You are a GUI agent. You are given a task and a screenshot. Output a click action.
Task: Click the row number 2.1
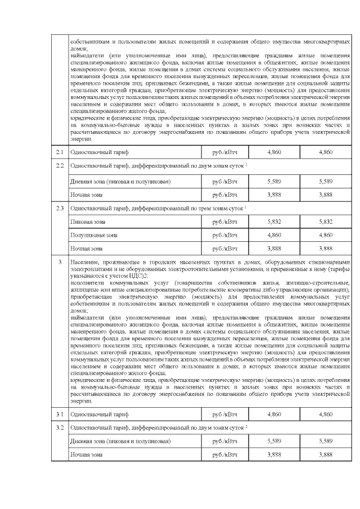(x=60, y=152)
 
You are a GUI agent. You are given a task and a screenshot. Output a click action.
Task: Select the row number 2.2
(x=60, y=167)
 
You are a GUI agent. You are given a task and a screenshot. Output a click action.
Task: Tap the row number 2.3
(x=60, y=208)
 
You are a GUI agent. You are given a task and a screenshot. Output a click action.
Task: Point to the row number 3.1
(x=60, y=414)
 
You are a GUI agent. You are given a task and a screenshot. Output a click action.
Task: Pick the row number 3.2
(x=60, y=428)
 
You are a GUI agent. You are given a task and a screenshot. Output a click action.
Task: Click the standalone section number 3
(x=60, y=262)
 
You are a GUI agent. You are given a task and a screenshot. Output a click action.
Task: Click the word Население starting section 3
(x=85, y=262)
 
